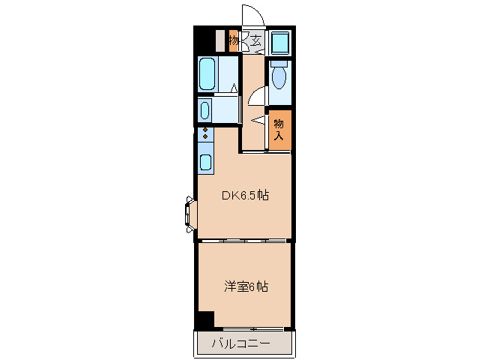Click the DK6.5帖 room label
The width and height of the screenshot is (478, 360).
244,196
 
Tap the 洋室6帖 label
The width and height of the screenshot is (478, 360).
246,286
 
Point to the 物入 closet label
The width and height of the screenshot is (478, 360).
279,130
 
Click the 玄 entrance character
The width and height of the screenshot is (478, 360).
255,40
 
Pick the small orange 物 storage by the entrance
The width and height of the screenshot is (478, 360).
234,40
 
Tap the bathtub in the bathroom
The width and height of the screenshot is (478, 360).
208,73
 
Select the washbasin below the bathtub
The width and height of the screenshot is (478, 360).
205,111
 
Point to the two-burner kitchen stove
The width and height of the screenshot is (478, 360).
204,134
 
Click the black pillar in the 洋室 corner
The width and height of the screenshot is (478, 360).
202,319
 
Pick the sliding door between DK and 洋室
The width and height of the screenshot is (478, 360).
243,241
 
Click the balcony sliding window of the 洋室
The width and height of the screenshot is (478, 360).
252,328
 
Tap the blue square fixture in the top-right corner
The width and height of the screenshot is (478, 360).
280,40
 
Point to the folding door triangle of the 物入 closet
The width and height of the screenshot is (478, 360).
259,119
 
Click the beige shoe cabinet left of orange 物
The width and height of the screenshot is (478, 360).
220,40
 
